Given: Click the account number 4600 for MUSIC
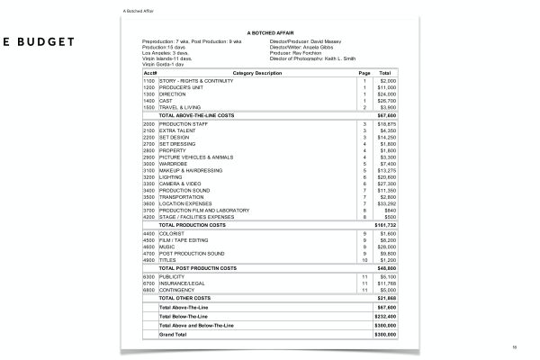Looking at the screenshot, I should point(149,246).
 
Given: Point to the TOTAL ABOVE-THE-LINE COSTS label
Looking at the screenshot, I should point(197,115).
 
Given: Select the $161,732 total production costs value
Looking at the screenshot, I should point(384,224).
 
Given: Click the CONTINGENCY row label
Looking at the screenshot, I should point(176,291).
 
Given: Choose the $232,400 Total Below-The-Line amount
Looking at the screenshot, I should point(385,315).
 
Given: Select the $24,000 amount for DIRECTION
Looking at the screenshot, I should point(385,94).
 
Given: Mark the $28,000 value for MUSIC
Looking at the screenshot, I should point(385,246).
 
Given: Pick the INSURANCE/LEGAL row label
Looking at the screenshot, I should point(181,283).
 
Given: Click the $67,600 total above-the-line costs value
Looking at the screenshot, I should point(385,115).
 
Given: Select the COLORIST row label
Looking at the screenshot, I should point(173,233).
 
